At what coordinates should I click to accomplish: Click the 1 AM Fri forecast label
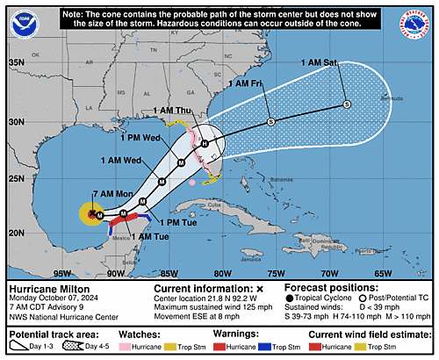(x=245, y=83)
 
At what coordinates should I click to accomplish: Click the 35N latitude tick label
(x=16, y=62)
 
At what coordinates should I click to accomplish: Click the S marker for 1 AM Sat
(x=346, y=104)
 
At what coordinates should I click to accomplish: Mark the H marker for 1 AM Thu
(x=204, y=142)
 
